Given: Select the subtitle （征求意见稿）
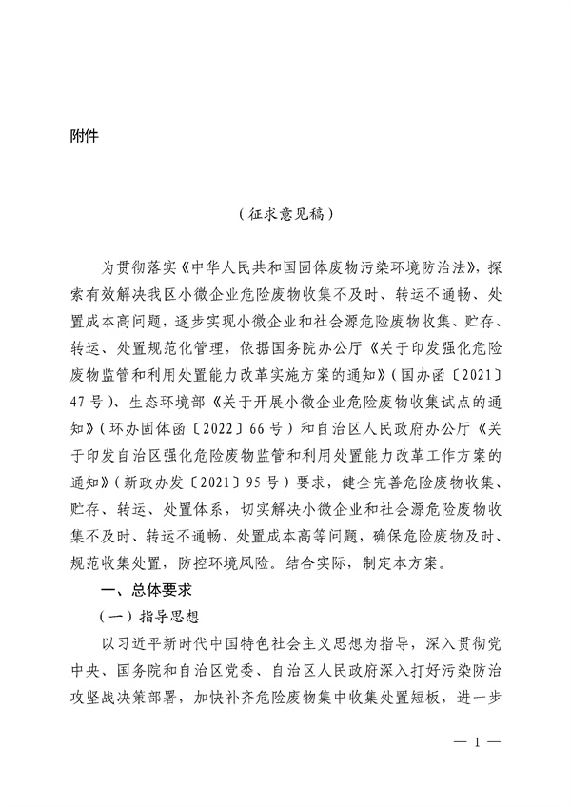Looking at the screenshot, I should (x=285, y=216).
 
